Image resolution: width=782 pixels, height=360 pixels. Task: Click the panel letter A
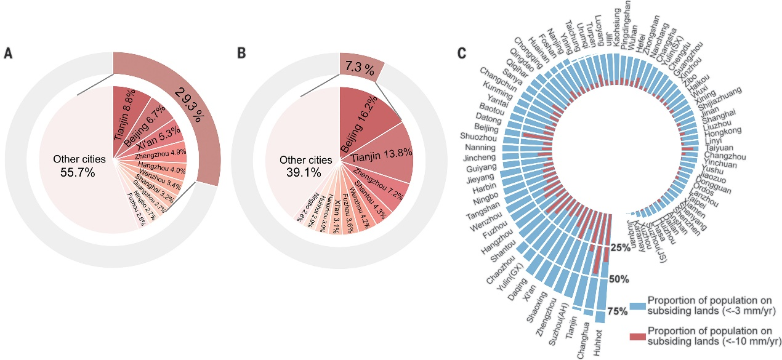pos(8,54)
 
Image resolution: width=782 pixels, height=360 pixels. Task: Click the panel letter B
pos(242,54)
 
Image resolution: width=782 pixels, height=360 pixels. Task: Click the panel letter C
pos(462,54)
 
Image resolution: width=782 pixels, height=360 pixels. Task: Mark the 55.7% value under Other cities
pos(78,173)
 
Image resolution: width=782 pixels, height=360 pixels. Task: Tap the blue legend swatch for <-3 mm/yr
pos(637,305)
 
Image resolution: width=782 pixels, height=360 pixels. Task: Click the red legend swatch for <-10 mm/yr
pos(637,335)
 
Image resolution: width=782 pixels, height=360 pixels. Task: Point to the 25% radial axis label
pos(621,247)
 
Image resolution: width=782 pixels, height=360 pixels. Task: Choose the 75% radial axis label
pos(616,311)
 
